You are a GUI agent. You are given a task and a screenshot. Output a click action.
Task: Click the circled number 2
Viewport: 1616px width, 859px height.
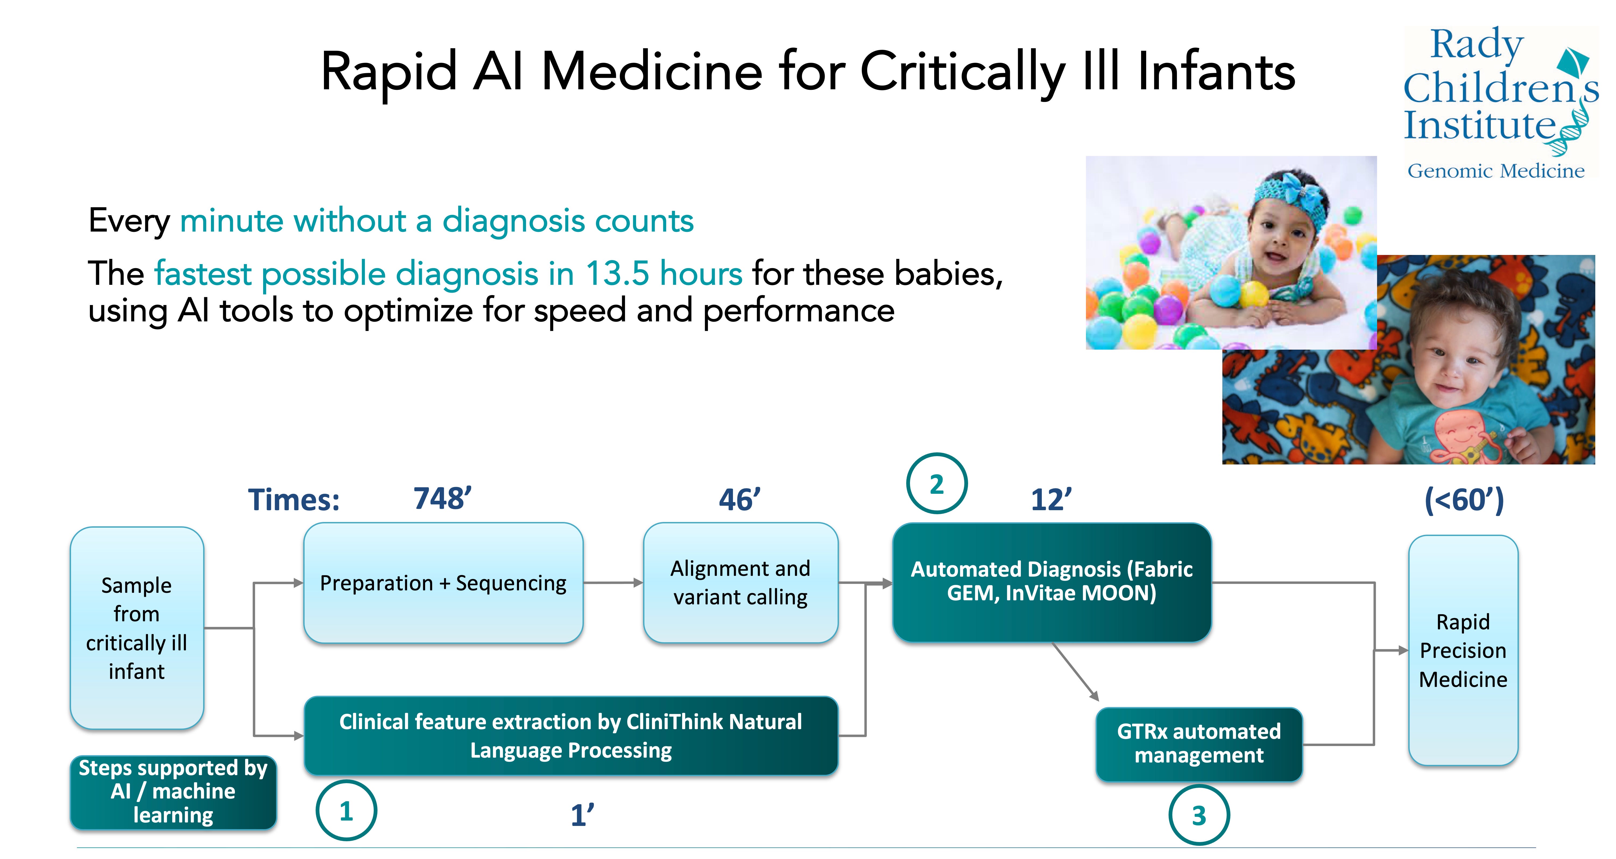(x=937, y=483)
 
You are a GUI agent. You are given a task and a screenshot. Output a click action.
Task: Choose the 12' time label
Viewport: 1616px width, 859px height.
(x=1052, y=500)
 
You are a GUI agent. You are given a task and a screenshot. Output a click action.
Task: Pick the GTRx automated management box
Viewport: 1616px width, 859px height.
(x=1199, y=744)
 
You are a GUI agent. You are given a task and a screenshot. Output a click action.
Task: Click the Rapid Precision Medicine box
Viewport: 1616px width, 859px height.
(x=1463, y=650)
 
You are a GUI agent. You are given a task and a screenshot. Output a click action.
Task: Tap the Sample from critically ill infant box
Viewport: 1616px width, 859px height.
(x=137, y=628)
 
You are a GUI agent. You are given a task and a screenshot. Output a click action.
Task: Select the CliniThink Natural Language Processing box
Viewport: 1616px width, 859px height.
(x=571, y=736)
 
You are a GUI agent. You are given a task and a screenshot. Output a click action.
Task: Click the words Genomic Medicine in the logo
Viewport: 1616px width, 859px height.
(x=1495, y=171)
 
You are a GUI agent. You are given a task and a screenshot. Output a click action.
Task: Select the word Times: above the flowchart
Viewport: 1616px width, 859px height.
(x=294, y=500)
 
